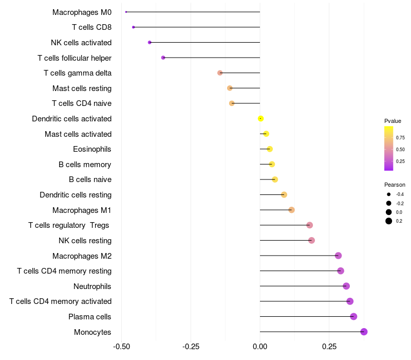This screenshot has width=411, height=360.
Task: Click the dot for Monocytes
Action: pos(364,332)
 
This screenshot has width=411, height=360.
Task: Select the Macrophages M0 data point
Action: pos(126,12)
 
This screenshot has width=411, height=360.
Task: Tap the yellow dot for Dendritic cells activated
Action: pos(261,119)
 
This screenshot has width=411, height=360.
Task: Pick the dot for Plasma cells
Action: pos(353,316)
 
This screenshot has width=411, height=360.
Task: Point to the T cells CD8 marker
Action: pos(134,27)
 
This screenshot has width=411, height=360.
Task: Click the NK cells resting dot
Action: pos(311,240)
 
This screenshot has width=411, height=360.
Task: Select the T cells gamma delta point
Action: pos(220,73)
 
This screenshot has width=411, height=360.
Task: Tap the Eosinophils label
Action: pos(92,149)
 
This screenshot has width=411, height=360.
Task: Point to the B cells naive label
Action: pos(90,179)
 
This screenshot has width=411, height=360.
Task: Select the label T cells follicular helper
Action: pos(74,58)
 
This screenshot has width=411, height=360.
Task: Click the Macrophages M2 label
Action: pos(82,256)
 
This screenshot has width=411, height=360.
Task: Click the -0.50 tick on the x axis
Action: pos(121,347)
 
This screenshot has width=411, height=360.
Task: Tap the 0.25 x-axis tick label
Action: pos(329,347)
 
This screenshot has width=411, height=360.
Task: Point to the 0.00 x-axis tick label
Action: pos(260,347)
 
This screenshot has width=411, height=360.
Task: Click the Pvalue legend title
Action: pos(393,121)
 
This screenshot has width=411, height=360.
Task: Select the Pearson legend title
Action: pos(395,185)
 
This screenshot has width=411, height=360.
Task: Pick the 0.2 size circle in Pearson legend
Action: pos(389,221)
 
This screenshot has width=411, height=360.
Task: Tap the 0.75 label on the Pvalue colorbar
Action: pos(400,138)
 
